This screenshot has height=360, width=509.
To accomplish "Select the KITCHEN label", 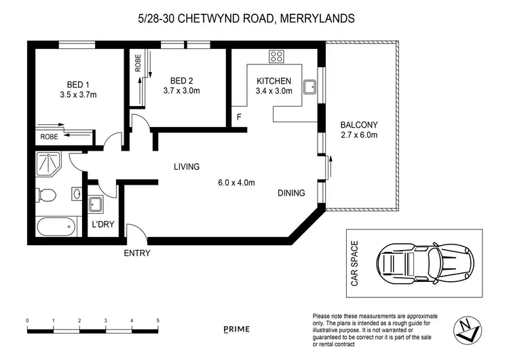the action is point(274,81).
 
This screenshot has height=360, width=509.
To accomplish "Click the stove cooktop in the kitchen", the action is point(276,56).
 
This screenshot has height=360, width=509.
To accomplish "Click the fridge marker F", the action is point(239,118).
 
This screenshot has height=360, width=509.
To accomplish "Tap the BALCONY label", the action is point(359,124).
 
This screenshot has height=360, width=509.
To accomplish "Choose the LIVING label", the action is point(186,166).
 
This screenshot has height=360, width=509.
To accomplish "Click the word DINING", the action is point(291,193).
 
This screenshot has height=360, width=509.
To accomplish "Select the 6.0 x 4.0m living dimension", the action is point(235,182).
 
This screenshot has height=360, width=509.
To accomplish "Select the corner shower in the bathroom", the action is point(48,164).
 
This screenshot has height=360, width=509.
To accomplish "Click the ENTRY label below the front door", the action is point(136,253).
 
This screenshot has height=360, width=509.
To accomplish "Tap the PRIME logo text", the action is point(237,329).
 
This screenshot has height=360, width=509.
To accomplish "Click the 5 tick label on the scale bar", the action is point(157,320).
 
